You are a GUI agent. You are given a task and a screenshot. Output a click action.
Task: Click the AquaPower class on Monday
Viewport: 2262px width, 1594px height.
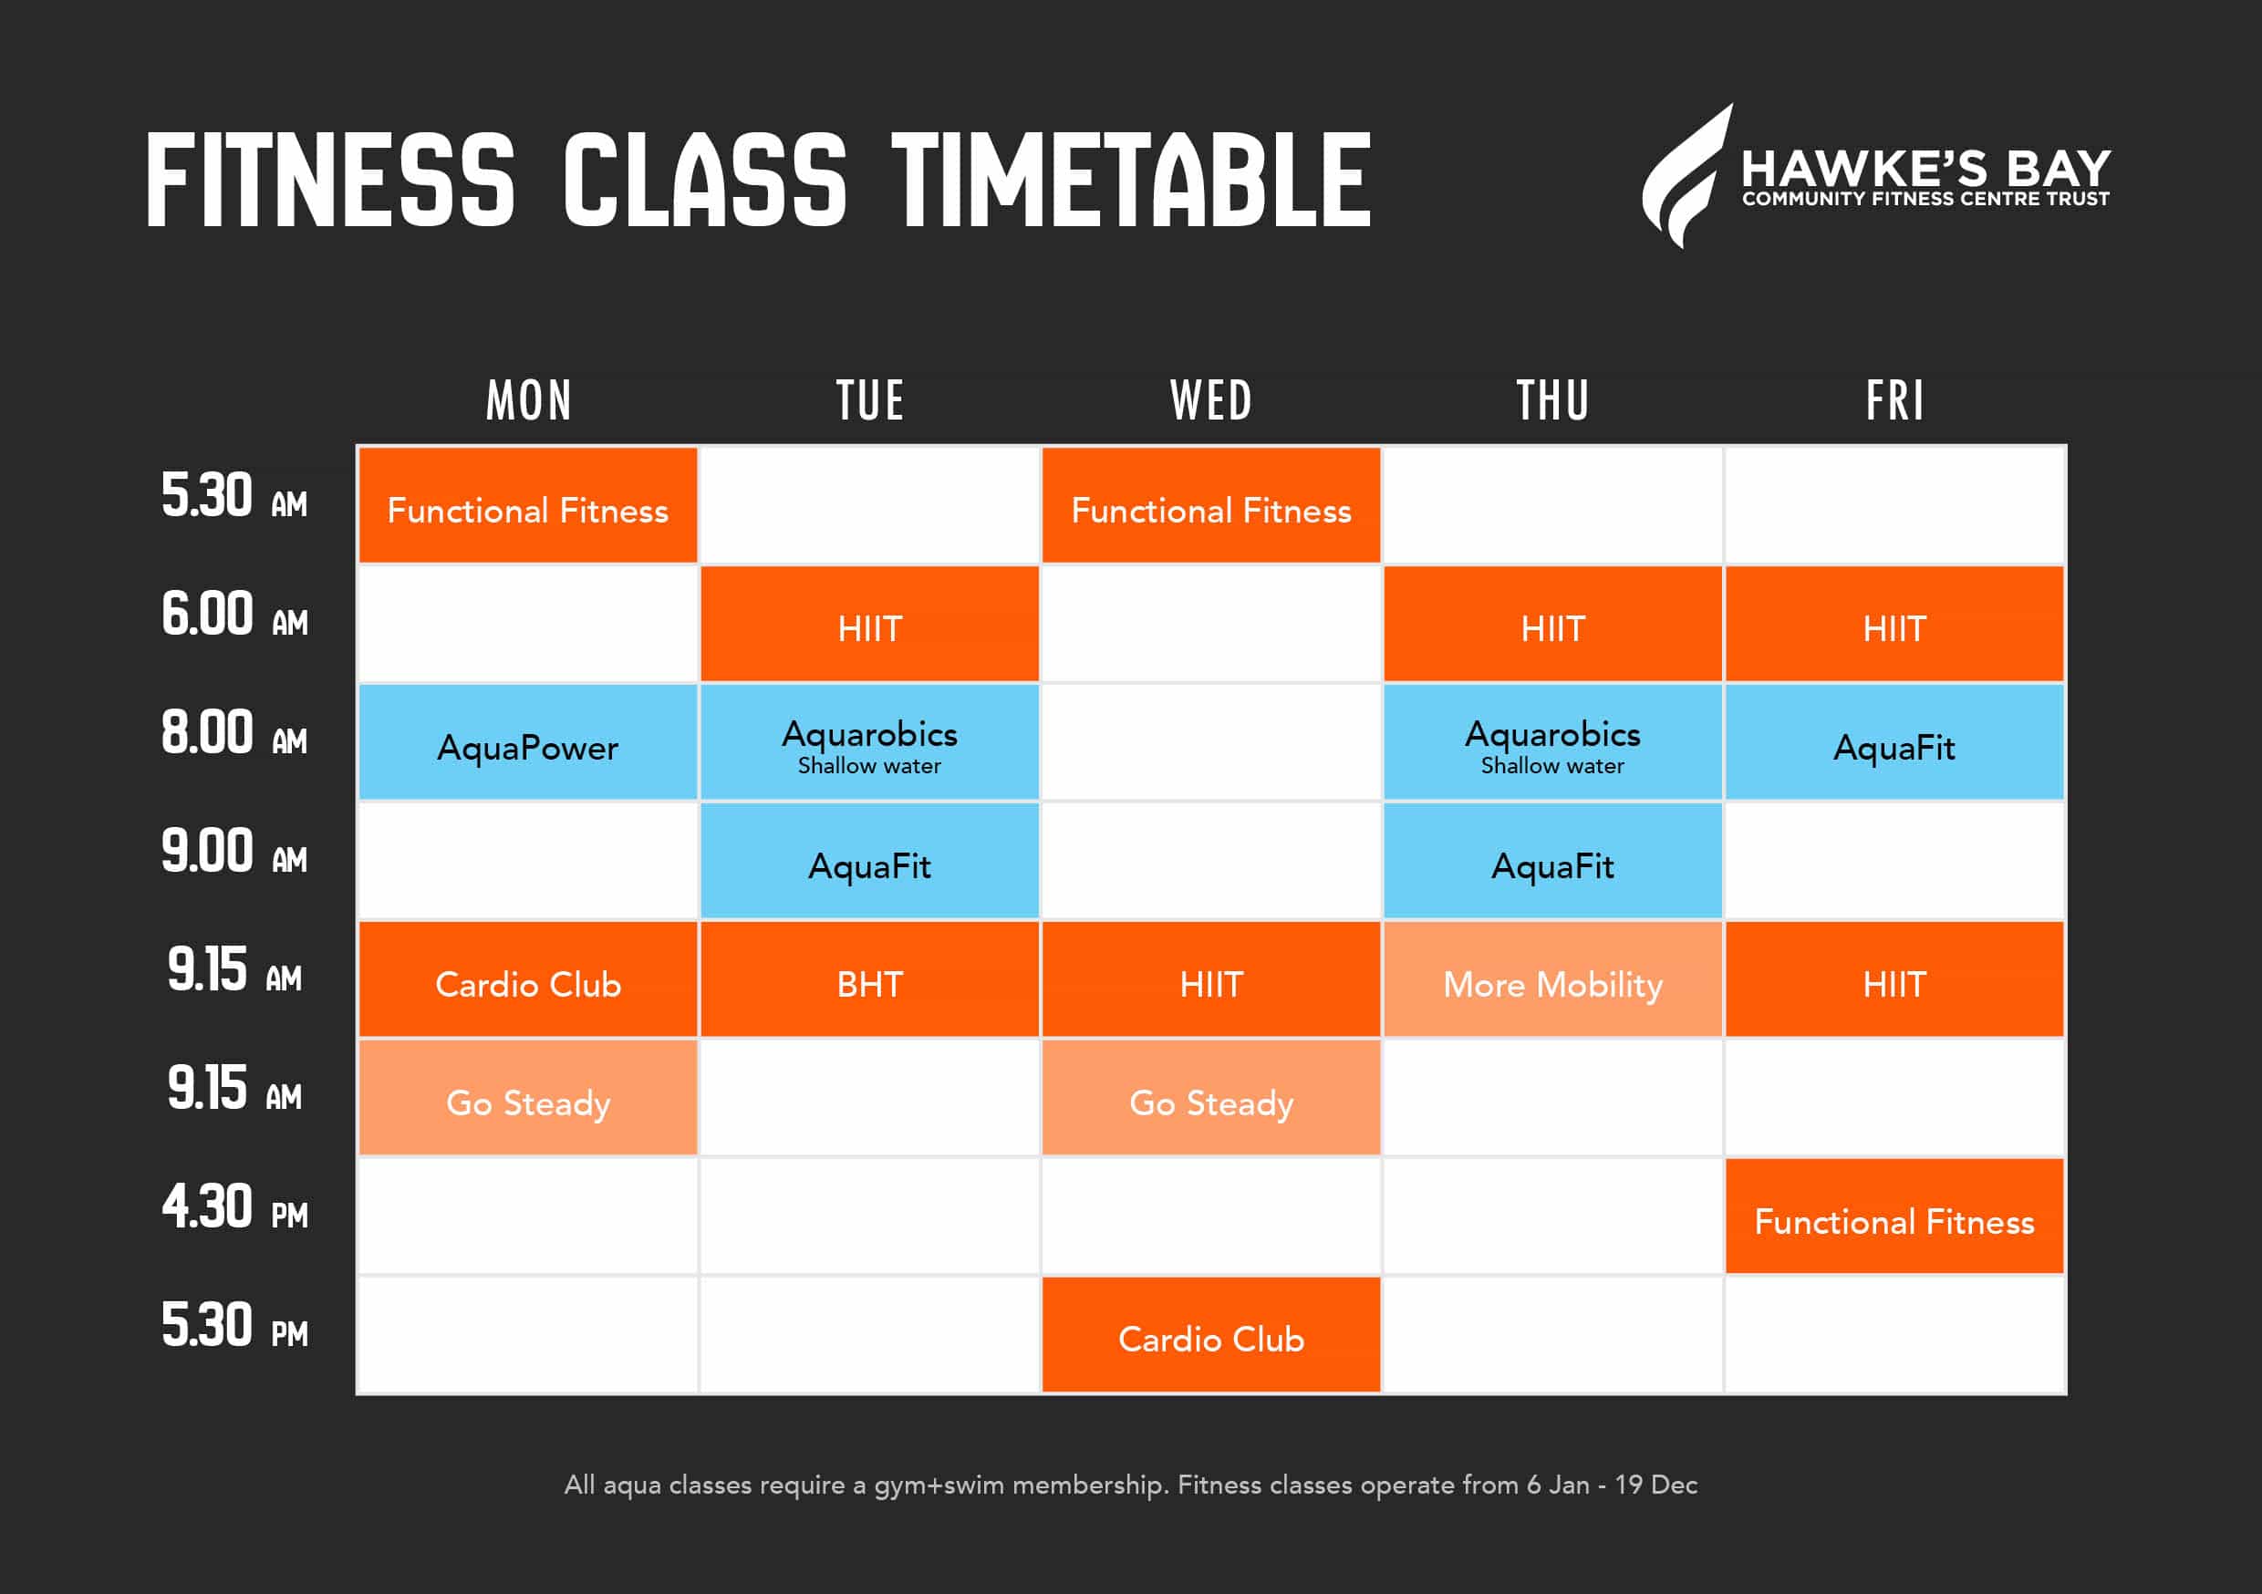pos(528,742)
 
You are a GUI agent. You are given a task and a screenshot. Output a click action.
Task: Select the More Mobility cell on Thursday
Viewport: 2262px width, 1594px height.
pos(1552,979)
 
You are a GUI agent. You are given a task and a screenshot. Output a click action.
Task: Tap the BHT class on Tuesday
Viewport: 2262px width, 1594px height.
pos(869,979)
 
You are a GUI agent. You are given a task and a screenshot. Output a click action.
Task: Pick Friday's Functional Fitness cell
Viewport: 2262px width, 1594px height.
pos(1894,1216)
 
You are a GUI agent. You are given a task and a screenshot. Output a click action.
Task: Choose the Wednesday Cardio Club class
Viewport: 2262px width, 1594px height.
pos(1210,1335)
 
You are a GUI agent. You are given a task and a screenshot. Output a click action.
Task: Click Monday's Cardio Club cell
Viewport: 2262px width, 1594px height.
pos(528,979)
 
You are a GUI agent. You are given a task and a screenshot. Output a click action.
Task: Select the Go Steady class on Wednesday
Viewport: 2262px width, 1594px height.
pos(1210,1098)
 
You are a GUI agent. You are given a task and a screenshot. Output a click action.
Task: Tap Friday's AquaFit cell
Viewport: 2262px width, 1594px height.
pos(1894,742)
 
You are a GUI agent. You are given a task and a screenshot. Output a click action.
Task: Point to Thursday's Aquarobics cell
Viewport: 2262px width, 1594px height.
pos(1552,742)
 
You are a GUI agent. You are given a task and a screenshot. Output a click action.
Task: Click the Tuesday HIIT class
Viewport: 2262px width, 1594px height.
pos(869,624)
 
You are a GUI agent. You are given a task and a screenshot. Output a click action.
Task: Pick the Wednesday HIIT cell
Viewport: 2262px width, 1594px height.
pos(1210,979)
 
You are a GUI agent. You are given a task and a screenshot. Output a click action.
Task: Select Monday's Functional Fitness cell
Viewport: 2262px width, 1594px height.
pos(528,505)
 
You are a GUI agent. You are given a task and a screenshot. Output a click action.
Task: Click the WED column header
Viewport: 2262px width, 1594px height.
pos(1210,401)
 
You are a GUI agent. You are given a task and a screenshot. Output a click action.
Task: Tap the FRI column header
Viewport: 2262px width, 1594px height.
pos(1894,401)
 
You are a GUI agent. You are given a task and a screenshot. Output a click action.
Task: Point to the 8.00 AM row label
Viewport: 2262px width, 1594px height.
pos(234,733)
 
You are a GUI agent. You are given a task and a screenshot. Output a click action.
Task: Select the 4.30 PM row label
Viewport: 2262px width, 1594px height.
pos(234,1206)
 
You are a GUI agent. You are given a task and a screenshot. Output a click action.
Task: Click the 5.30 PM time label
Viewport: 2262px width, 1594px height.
pos(234,1325)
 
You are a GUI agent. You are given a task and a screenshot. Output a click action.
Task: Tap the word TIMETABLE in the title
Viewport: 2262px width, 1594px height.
pos(1131,181)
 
